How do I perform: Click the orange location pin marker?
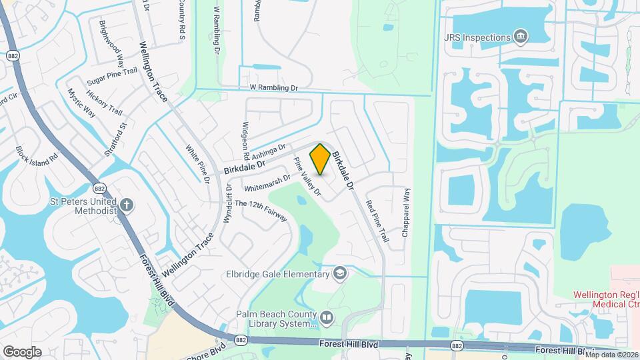point(320,159)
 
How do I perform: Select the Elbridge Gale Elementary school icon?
point(340,273)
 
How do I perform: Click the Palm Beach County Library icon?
point(327,319)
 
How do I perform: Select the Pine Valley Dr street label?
point(308,177)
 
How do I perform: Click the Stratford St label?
point(115,139)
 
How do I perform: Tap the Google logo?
point(22,351)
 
